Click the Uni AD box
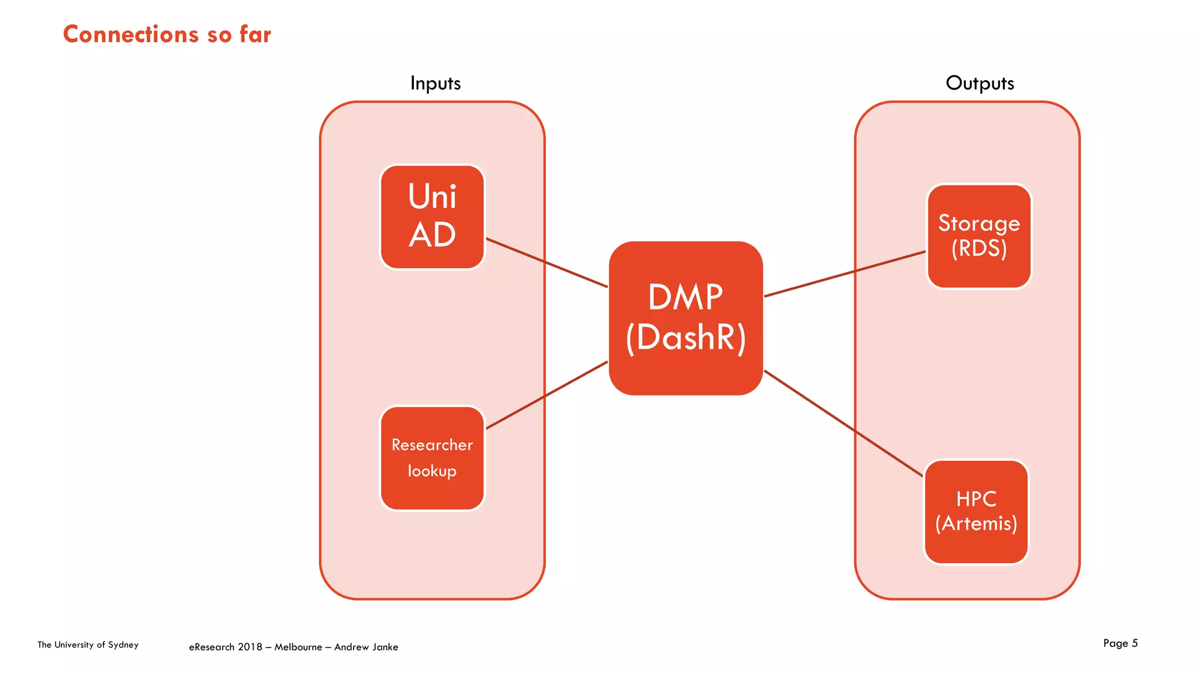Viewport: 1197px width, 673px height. pos(432,217)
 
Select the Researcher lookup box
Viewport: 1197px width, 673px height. pos(432,458)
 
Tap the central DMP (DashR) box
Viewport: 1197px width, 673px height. pos(686,318)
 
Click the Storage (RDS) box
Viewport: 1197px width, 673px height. pos(979,236)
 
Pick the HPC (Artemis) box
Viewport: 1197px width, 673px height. pos(976,512)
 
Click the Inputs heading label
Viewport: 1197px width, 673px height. pos(435,83)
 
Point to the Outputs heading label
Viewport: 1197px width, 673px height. pos(980,83)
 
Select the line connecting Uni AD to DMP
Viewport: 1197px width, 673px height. pos(546,262)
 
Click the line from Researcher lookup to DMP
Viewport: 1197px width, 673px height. pos(546,395)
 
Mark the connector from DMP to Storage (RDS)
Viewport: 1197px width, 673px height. pos(845,274)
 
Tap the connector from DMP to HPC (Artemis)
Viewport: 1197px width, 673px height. pos(843,424)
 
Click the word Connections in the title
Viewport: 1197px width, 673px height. pos(131,34)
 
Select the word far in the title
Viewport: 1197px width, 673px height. pos(255,34)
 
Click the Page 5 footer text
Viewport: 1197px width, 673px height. pos(1120,643)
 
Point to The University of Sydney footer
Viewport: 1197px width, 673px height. pos(88,645)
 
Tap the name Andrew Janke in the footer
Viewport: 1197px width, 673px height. pos(366,647)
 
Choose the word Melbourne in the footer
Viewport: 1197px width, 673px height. pos(298,647)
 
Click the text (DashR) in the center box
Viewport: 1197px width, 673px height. pos(686,338)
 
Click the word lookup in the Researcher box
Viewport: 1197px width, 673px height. pos(432,471)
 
